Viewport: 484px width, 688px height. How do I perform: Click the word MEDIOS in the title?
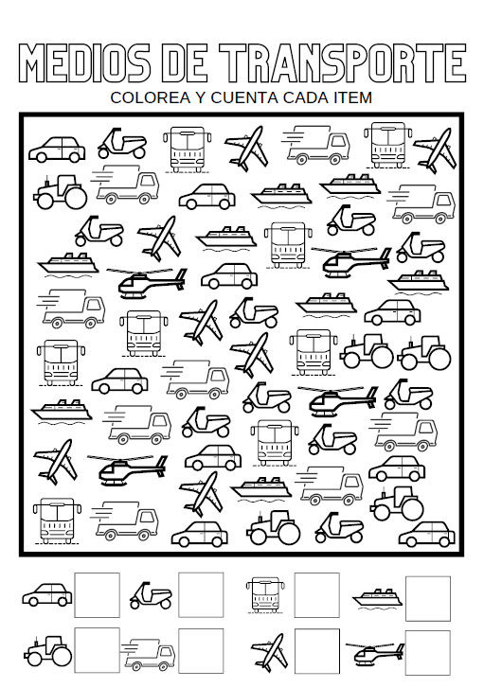point(84,63)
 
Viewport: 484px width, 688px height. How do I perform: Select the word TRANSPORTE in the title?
point(344,63)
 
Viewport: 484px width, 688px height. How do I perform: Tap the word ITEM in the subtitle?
point(350,97)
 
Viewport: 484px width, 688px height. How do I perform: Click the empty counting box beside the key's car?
point(97,594)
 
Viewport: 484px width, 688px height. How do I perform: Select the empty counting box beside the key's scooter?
point(201,594)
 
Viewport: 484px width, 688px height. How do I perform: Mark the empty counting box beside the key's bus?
point(316,594)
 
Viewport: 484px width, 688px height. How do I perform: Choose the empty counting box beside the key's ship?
point(428,598)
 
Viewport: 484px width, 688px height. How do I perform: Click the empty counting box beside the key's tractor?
point(97,650)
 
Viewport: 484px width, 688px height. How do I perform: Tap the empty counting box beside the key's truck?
point(201,651)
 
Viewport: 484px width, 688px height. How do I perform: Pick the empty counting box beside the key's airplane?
point(316,651)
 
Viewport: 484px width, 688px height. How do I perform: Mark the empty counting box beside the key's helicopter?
point(428,653)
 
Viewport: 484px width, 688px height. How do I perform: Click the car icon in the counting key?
point(47,594)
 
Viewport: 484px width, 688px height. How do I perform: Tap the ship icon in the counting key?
point(378,597)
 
